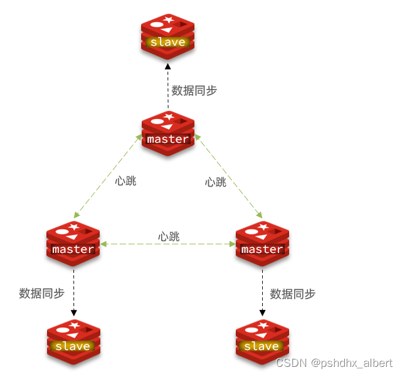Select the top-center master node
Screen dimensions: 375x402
click(167, 134)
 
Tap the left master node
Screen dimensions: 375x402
click(73, 244)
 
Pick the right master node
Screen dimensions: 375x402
click(262, 244)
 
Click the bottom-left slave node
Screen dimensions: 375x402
click(73, 342)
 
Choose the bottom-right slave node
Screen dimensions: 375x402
click(262, 342)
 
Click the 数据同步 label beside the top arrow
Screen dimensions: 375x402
click(194, 90)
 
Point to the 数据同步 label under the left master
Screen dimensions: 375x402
click(42, 293)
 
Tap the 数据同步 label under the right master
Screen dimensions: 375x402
click(292, 293)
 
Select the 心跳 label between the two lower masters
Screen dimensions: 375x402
click(169, 236)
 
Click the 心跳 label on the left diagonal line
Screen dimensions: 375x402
click(125, 182)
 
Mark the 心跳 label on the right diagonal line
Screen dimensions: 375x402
click(216, 182)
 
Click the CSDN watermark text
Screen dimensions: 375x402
click(334, 363)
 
